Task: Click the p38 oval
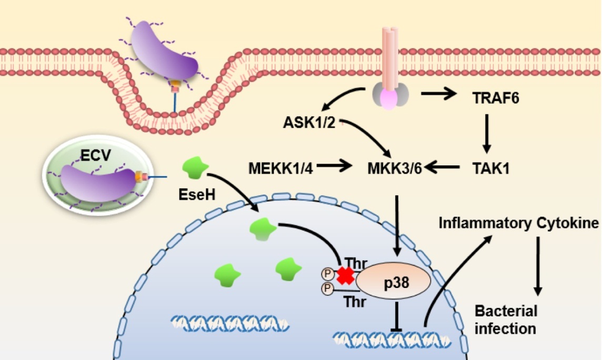point(393,281)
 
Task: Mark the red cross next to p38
point(346,275)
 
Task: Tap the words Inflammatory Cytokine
point(518,224)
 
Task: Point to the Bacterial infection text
point(506,319)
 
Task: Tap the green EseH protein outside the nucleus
point(194,169)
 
